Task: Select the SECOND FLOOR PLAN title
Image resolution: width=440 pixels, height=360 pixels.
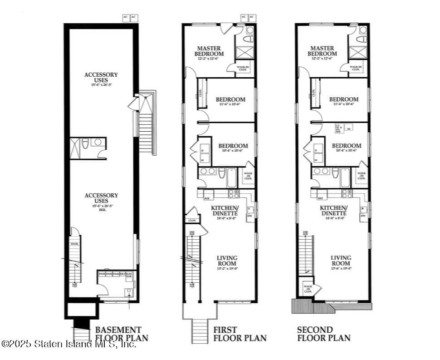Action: click(x=323, y=334)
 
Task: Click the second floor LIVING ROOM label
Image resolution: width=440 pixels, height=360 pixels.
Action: click(x=341, y=260)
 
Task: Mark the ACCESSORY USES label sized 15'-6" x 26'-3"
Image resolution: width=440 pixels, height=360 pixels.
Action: click(x=101, y=78)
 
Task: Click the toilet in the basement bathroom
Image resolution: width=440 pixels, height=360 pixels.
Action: click(x=85, y=145)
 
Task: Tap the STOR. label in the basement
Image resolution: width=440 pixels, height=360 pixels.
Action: click(x=75, y=244)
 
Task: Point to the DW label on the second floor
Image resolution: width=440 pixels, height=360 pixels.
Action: click(x=363, y=216)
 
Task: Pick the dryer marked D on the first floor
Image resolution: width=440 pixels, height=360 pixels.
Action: click(x=203, y=150)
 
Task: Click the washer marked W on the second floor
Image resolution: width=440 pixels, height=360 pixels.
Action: click(x=316, y=159)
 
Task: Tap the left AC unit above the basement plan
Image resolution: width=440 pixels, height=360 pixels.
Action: click(x=126, y=18)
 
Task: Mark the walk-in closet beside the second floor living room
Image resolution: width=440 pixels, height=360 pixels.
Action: click(x=308, y=288)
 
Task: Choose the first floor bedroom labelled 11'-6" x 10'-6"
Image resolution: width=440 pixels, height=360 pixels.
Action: click(x=230, y=101)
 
